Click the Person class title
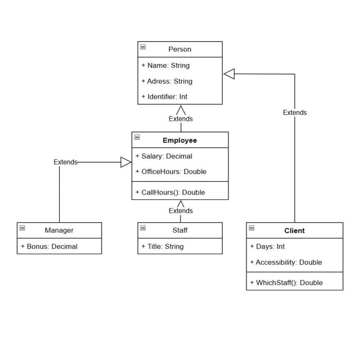[x=180, y=49]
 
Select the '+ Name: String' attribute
[x=165, y=66]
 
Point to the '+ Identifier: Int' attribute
[x=165, y=97]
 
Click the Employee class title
[x=180, y=140]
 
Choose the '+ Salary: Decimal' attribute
[x=164, y=156]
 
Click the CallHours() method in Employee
[x=170, y=192]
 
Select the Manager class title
[x=59, y=230]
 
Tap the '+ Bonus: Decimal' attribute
[x=49, y=246]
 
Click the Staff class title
[x=180, y=230]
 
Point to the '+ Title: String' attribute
[x=163, y=246]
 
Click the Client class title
[x=294, y=231]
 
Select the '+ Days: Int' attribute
[x=267, y=247]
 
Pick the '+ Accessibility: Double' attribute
[x=286, y=262]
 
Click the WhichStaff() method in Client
[x=286, y=283]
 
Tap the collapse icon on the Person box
[x=143, y=47]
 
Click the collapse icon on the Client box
[x=252, y=228]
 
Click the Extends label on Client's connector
[x=295, y=112]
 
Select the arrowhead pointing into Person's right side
[x=228, y=74]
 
